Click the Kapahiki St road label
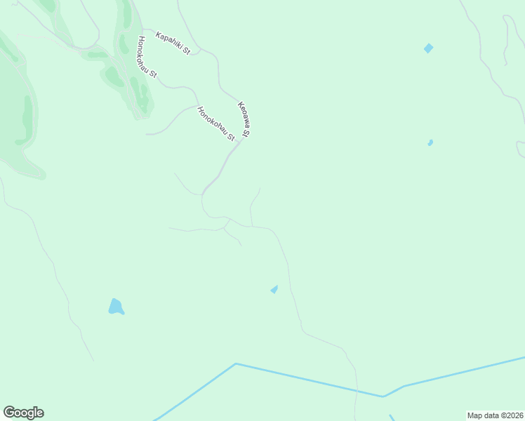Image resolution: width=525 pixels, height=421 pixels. (x=173, y=43)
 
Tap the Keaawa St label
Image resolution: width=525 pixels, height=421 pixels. (x=244, y=119)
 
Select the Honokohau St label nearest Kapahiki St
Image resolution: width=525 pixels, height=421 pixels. (x=147, y=56)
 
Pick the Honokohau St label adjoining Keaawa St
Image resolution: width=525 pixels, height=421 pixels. (x=216, y=123)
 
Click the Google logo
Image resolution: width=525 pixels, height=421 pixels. (x=23, y=413)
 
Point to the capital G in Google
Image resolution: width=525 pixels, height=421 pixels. (x=8, y=413)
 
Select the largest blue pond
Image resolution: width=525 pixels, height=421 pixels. (x=116, y=307)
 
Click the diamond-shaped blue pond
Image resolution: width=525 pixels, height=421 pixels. (x=428, y=48)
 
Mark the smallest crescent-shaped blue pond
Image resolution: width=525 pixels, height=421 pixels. (x=430, y=143)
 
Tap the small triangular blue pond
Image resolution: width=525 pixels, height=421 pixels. (x=274, y=289)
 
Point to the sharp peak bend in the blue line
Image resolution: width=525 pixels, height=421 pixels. (x=236, y=363)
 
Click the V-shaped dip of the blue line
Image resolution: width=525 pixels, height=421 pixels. (x=383, y=396)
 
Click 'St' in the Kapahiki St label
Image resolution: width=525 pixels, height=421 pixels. (x=187, y=51)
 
